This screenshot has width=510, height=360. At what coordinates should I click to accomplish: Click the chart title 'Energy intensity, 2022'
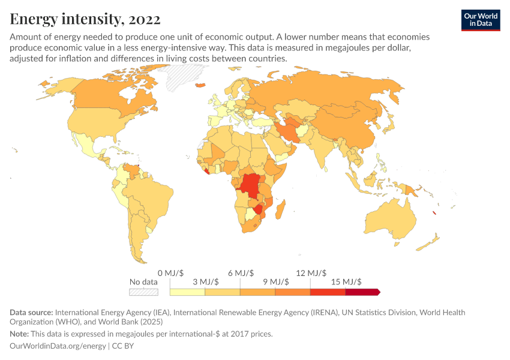(85, 19)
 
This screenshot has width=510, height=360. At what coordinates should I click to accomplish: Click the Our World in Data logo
(480, 20)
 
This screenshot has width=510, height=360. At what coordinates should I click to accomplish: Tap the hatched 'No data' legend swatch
(143, 292)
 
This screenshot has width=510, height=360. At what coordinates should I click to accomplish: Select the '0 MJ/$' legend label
(170, 272)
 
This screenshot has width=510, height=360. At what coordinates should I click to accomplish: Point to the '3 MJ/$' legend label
(205, 281)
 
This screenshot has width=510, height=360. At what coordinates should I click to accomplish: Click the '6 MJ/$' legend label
(240, 272)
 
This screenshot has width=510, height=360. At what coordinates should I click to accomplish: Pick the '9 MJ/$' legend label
(275, 281)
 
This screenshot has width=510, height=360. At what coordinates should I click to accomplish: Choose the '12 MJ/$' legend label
(310, 272)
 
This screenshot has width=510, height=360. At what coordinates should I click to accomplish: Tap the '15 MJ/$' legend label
(346, 281)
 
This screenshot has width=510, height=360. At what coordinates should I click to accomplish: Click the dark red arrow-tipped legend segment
(362, 292)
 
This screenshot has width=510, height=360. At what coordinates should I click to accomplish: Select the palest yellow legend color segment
(187, 292)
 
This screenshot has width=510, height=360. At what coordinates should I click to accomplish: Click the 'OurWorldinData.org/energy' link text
(58, 346)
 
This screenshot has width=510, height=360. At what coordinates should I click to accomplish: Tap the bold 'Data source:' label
(31, 313)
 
